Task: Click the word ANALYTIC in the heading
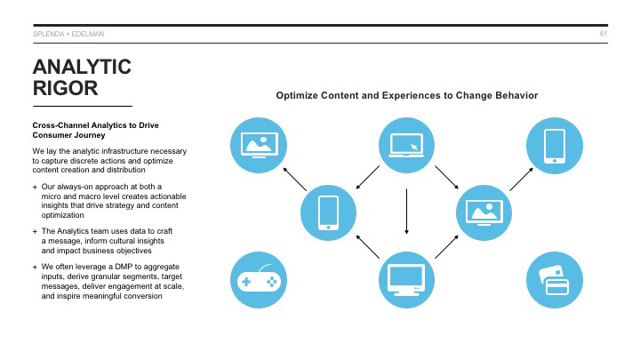click(82, 67)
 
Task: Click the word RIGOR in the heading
click(65, 89)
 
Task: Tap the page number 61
click(603, 34)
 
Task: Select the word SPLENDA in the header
click(46, 34)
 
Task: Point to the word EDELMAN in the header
click(88, 34)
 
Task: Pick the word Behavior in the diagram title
click(514, 95)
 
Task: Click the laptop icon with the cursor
click(406, 145)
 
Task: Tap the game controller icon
click(257, 281)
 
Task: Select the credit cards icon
click(555, 281)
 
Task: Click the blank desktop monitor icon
click(406, 281)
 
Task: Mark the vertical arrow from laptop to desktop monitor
click(406, 212)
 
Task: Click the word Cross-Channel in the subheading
click(60, 125)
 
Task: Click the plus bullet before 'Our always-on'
click(35, 186)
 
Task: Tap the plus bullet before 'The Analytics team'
click(35, 231)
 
